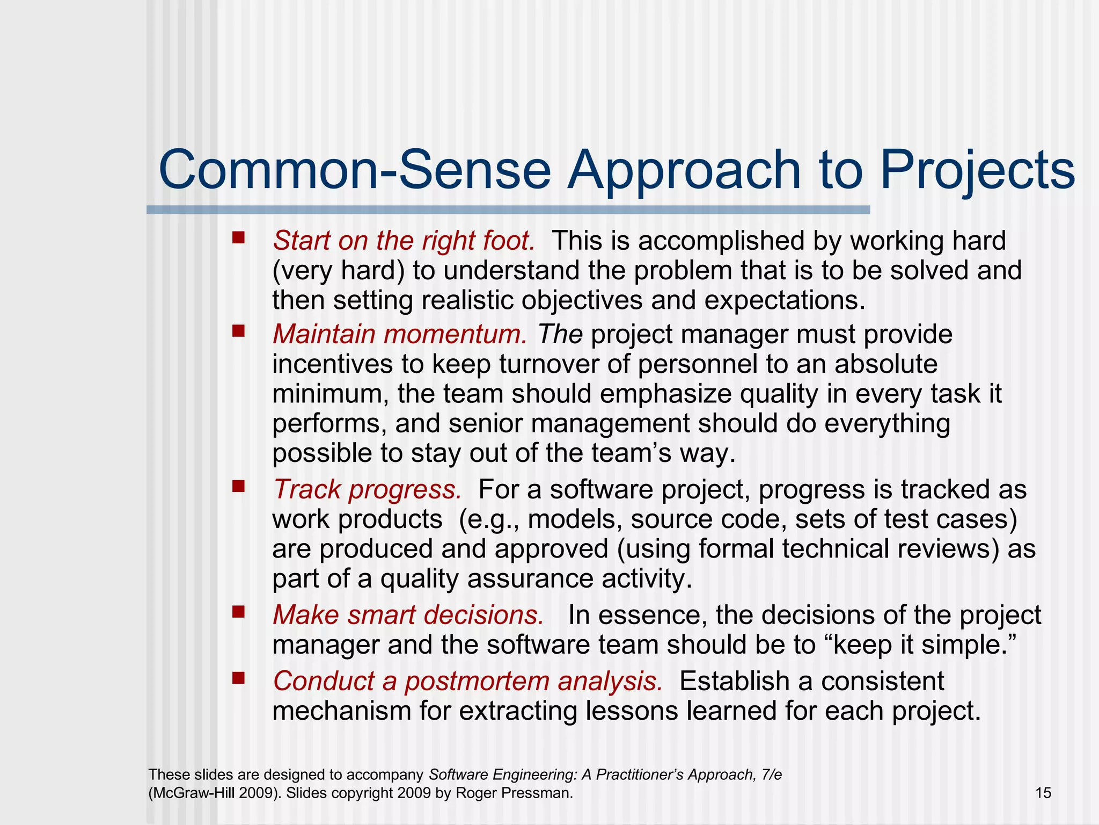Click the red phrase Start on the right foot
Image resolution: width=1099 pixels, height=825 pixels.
tap(404, 241)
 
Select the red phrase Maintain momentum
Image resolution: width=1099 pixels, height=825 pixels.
tap(400, 334)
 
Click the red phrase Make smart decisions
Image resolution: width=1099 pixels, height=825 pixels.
tap(408, 615)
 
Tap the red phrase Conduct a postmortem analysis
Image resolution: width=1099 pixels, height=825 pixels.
tap(467, 681)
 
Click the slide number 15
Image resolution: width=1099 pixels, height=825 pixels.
tap(1043, 793)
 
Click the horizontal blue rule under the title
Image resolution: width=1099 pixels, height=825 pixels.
tap(508, 210)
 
